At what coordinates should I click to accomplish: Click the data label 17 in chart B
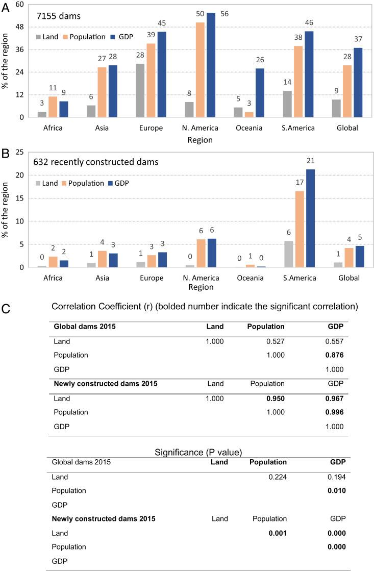300,182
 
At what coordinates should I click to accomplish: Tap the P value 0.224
276,477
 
